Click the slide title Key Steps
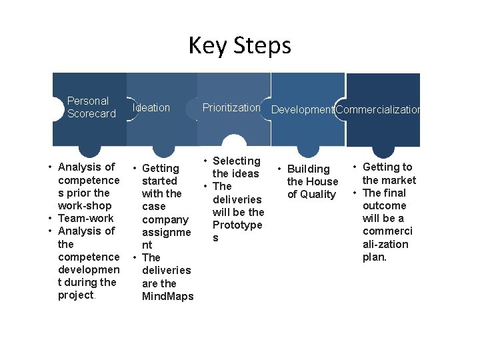click(x=240, y=45)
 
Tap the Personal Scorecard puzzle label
click(x=91, y=107)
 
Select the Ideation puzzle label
click(x=151, y=107)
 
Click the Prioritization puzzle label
click(x=231, y=107)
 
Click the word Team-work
click(x=85, y=218)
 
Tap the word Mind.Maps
click(x=167, y=296)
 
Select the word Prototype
click(x=237, y=225)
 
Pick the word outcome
click(x=384, y=205)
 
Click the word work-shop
click(x=85, y=205)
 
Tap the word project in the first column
click(x=75, y=295)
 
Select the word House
click(x=322, y=181)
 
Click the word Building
click(x=309, y=169)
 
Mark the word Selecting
click(x=236, y=161)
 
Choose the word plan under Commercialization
click(x=374, y=257)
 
